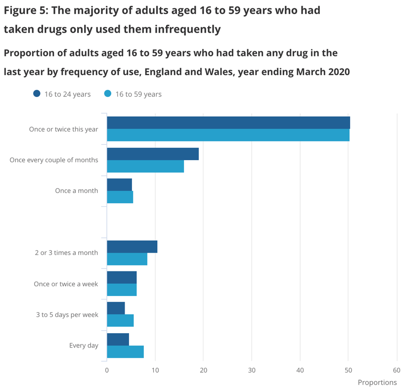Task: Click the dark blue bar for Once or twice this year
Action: (228, 123)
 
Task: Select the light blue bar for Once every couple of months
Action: (145, 167)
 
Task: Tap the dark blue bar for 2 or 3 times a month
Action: (132, 247)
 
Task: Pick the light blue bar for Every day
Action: (125, 351)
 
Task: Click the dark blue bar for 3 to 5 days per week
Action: (116, 308)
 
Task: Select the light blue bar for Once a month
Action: (120, 197)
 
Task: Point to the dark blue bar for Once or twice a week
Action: (122, 277)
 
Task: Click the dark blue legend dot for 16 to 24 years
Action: (37, 94)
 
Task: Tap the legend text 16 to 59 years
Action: (138, 94)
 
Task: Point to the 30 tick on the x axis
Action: (252, 370)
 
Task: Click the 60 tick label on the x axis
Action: (396, 370)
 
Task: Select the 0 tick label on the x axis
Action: (107, 370)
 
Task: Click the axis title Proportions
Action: (377, 382)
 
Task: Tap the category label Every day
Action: (84, 345)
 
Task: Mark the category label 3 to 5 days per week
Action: (67, 314)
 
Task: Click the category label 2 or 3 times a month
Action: (66, 253)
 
